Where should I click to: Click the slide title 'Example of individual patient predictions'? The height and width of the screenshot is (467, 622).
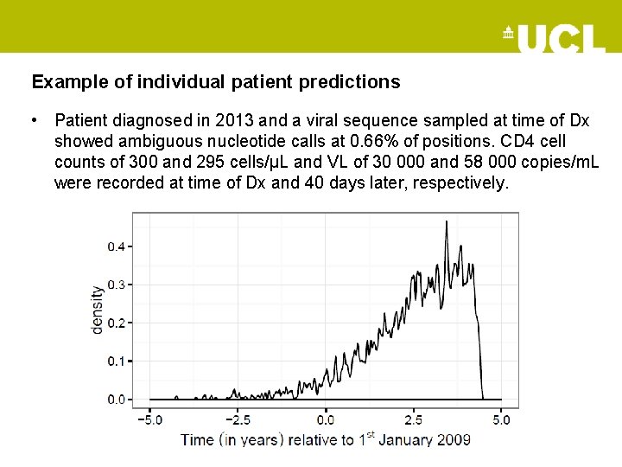tap(216, 82)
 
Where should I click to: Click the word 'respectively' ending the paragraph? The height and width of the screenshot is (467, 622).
tap(464, 182)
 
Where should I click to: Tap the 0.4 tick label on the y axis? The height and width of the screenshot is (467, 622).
tap(116, 246)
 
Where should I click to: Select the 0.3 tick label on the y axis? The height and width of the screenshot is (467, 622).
tap(116, 285)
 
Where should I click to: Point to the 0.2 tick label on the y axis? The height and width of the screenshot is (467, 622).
tap(116, 323)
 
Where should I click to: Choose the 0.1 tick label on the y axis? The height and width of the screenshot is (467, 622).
tap(116, 361)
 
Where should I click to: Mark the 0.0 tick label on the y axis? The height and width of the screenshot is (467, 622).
tap(116, 400)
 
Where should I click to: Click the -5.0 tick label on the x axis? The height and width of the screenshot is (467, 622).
tap(149, 420)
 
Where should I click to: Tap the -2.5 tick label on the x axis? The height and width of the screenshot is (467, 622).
tap(238, 420)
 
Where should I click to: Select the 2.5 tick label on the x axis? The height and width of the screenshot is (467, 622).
tap(414, 420)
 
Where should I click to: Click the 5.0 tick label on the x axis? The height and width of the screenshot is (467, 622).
tap(502, 420)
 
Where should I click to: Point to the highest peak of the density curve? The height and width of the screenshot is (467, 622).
tap(446, 221)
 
